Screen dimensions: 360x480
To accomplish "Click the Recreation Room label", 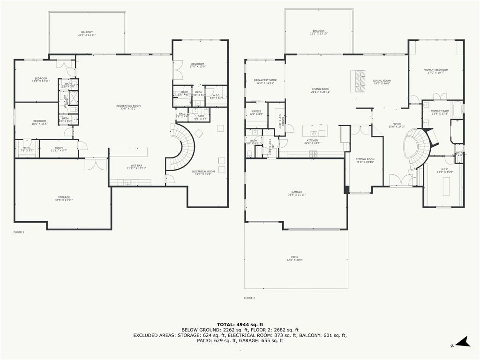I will [128, 106].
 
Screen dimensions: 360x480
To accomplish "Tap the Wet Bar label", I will [134, 165].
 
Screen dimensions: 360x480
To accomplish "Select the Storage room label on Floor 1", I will [64, 198].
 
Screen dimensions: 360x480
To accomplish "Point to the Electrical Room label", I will [203, 172].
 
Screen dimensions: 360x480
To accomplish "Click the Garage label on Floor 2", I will [297, 192].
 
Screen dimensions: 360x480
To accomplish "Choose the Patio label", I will [294, 258].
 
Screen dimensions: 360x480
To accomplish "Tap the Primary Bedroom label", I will [435, 70].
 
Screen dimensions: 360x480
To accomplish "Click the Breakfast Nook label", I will [265, 80].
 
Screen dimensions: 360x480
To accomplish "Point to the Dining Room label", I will [382, 81].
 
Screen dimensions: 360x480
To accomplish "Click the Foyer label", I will [397, 124].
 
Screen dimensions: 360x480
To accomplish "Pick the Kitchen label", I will [312, 140].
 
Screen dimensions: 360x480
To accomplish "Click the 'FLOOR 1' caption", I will [19, 232].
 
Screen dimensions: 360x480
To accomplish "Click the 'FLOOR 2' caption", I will [249, 298].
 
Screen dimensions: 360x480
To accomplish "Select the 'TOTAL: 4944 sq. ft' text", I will [240, 324].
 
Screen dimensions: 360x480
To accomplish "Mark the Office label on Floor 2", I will [256, 112].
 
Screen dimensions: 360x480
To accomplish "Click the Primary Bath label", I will [440, 111].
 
